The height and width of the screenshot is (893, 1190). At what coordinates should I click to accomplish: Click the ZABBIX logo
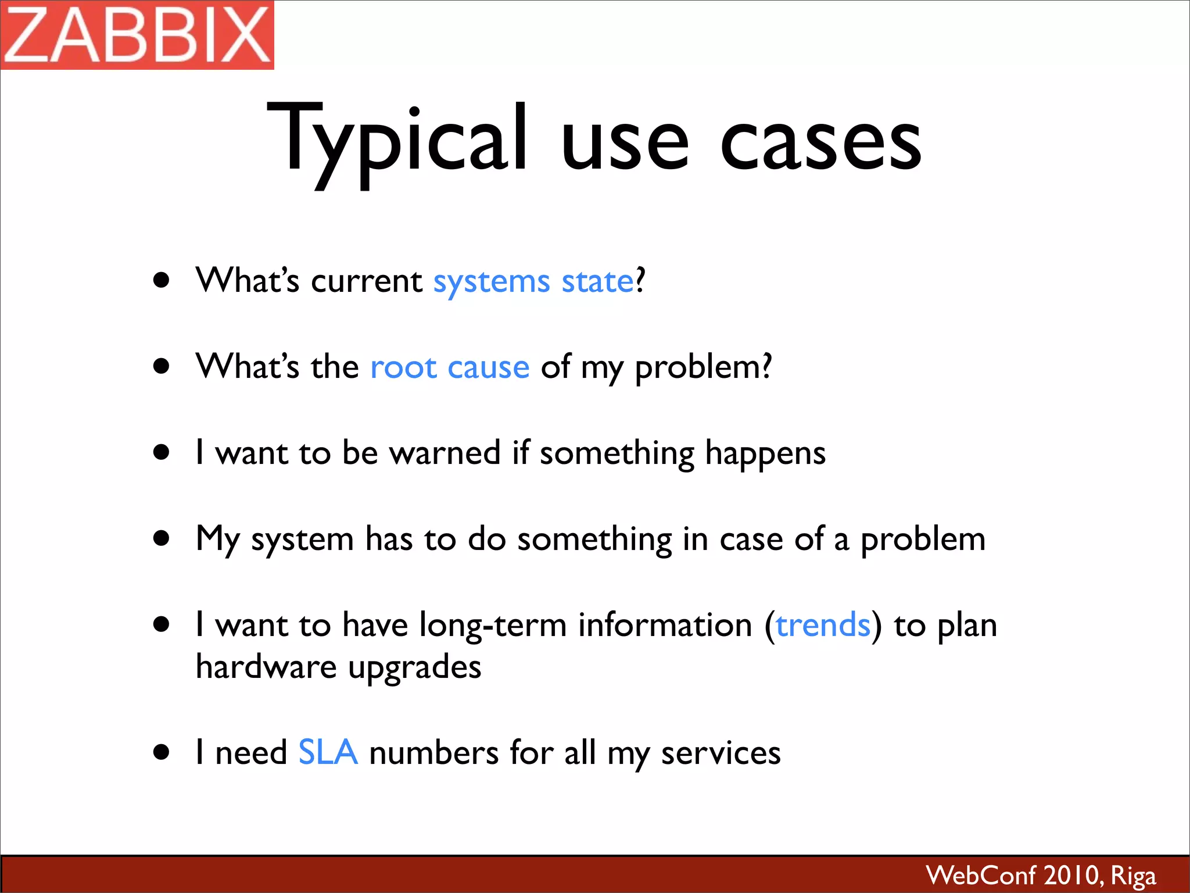[x=137, y=35]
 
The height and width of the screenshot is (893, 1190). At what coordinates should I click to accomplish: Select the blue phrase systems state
[x=533, y=281]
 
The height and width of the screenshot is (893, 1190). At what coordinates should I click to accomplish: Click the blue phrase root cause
[x=450, y=367]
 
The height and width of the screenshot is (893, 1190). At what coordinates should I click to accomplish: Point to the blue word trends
[x=823, y=626]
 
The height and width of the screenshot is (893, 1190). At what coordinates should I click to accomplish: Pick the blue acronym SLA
[x=328, y=752]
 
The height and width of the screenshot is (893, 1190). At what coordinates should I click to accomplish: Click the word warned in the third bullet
[x=445, y=453]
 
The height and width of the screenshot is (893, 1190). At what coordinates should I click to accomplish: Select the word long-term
[x=493, y=626]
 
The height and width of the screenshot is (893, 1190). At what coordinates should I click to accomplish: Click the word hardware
[x=266, y=667]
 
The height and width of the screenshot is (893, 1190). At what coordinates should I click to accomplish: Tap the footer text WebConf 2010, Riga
[x=1040, y=875]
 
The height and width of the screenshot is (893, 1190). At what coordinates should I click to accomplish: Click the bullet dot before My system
[x=162, y=538]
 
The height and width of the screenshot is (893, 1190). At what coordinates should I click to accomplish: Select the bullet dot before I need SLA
[x=162, y=752]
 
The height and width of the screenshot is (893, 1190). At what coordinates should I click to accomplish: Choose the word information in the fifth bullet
[x=665, y=626]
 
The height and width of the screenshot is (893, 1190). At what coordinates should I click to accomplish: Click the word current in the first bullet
[x=367, y=281]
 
